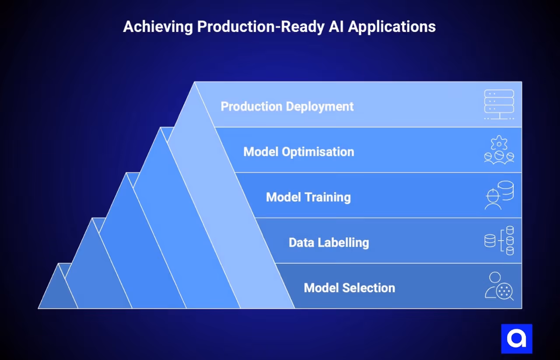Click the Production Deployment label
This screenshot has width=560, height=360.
pos(287,106)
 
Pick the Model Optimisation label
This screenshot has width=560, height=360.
pos(298,152)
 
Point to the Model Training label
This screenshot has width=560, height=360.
pos(308,197)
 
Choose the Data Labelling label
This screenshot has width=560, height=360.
pos(329,242)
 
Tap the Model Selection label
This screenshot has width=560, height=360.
pos(349,288)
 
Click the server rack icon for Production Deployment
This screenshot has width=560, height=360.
pos(499,105)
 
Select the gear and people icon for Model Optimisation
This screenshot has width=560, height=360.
pos(499,150)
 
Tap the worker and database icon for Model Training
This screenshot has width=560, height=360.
pos(499,196)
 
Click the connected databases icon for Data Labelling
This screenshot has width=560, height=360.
pos(499,241)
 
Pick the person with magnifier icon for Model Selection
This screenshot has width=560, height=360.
pos(499,286)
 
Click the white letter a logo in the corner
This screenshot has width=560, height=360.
pos(516,339)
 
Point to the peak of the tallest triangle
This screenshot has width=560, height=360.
pos(195,83)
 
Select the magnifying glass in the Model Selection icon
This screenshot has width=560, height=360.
pos(506,291)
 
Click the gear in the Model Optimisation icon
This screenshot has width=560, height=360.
pos(499,143)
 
